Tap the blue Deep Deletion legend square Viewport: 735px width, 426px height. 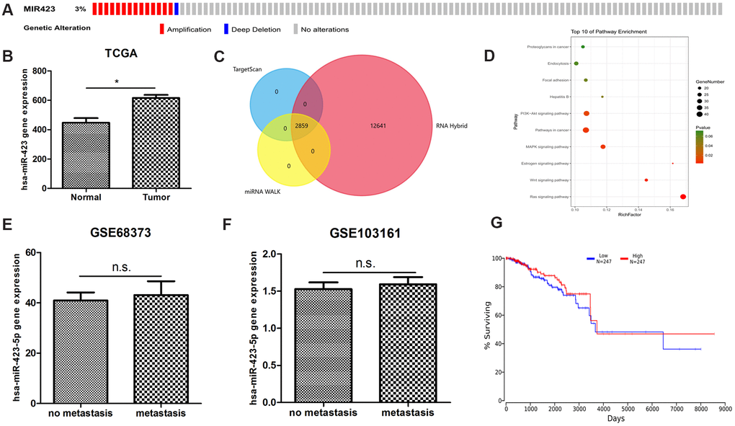[x=225, y=30]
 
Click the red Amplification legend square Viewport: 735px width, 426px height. [x=162, y=30]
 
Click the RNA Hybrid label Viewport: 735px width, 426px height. [x=452, y=125]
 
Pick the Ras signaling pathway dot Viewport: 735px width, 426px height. [x=682, y=196]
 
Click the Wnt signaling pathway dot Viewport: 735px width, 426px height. [x=646, y=179]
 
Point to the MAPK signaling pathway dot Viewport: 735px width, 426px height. [x=603, y=147]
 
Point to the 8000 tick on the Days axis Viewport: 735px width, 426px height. [x=699, y=407]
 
